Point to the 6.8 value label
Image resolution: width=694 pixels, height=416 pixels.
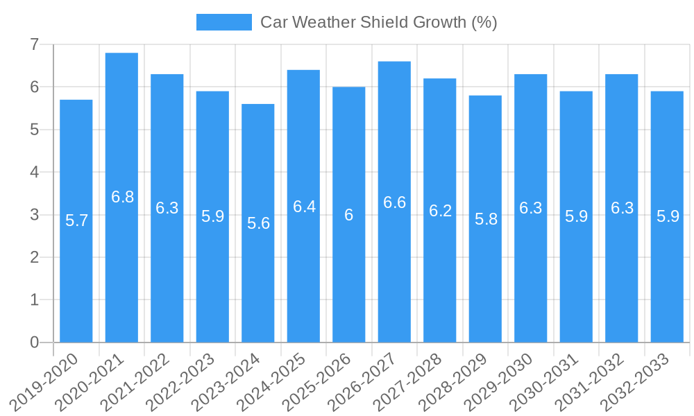coord(122,197)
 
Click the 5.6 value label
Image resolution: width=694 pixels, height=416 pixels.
coord(258,223)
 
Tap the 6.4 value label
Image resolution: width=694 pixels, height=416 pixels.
coord(304,207)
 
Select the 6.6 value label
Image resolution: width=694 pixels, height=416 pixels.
coord(394,202)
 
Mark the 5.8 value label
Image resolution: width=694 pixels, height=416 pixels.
coord(486,219)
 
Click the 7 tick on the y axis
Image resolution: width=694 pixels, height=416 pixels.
coord(34,44)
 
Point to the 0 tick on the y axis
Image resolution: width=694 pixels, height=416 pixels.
coord(34,343)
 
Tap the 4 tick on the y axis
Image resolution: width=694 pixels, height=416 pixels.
coord(34,172)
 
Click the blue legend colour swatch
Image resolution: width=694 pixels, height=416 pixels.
coord(223,22)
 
